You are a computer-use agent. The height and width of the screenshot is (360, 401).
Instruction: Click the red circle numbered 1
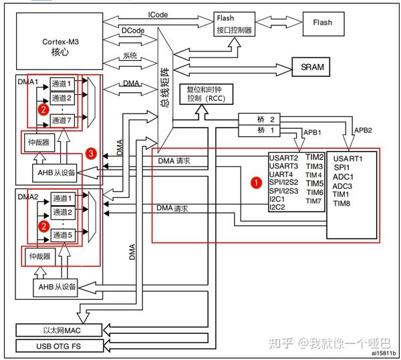pos(254,181)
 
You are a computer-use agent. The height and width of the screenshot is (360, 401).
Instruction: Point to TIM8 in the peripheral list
pos(342,203)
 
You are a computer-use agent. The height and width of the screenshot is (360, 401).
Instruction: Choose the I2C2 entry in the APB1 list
pos(277,206)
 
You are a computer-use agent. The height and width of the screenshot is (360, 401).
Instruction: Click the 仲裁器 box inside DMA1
pos(38,142)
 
